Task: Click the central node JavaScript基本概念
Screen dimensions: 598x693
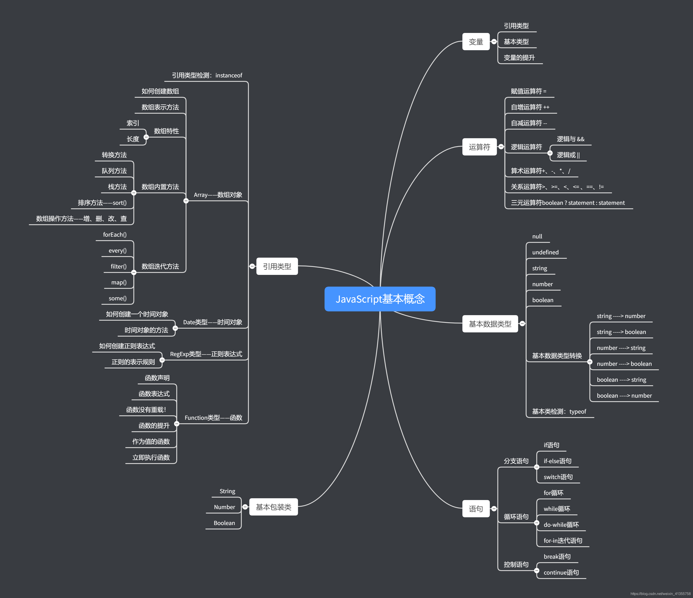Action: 380,299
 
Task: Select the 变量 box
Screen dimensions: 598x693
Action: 475,42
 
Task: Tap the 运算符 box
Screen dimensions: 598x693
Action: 479,147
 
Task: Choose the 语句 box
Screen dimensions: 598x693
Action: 475,508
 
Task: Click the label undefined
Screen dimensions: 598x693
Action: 545,252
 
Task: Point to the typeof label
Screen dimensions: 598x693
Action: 578,412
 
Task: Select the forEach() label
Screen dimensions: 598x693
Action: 115,235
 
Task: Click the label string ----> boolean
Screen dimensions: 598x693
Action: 621,332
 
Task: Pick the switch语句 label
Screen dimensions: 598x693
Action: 558,477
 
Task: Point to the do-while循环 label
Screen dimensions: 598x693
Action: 561,525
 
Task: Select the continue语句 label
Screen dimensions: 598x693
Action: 561,573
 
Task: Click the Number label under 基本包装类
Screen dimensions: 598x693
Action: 224,507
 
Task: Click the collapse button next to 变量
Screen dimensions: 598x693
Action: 494,42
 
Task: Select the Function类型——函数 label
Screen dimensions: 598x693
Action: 213,418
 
